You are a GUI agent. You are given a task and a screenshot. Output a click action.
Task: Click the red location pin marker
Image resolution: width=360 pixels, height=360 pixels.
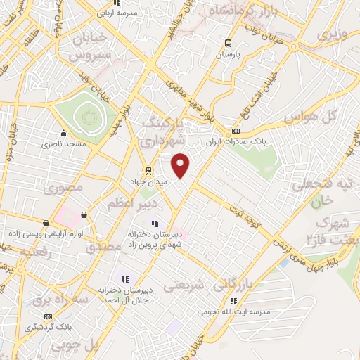coord(181,166)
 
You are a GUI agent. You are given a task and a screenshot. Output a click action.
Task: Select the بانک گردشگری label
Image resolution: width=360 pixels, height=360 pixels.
coord(48,327)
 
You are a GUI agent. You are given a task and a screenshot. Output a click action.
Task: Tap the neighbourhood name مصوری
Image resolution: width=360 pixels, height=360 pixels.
coord(64,188)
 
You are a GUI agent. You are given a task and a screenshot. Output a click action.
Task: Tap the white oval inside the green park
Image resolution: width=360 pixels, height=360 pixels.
coord(87,115)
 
